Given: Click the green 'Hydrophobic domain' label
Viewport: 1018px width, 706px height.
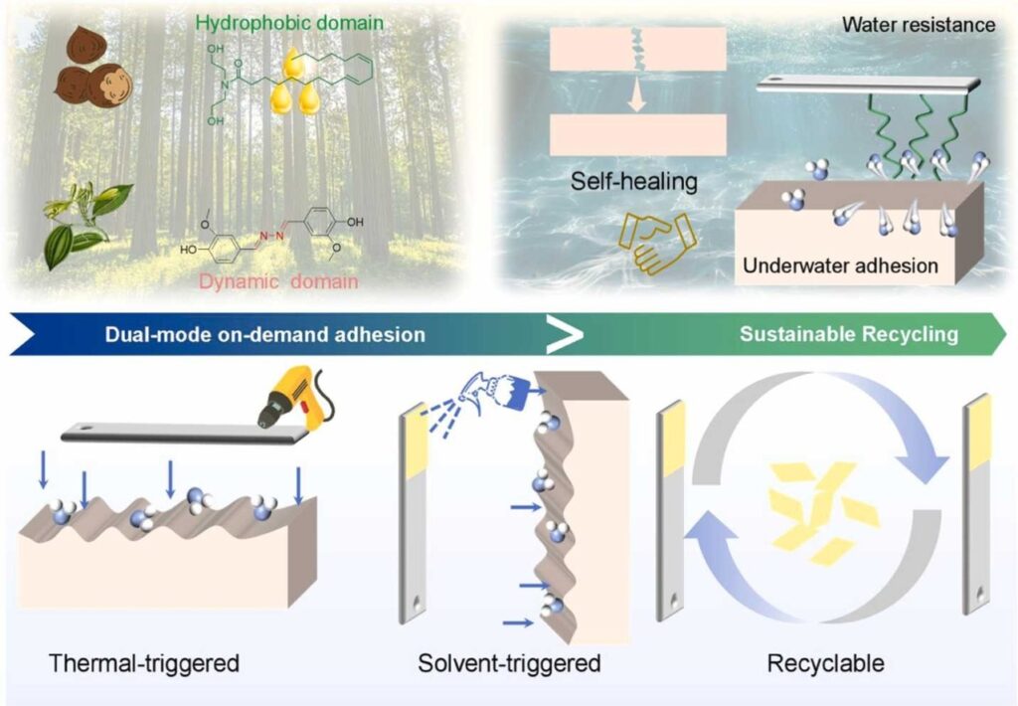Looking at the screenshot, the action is pyautogui.click(x=289, y=24).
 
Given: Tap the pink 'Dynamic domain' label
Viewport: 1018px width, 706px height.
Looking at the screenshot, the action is pyautogui.click(x=278, y=281).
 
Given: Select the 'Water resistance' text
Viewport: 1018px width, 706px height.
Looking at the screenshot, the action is pyautogui.click(x=919, y=25).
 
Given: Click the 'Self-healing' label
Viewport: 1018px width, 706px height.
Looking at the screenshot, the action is pyautogui.click(x=634, y=181).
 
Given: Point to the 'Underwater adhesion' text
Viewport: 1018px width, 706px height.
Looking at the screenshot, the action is pyautogui.click(x=840, y=265).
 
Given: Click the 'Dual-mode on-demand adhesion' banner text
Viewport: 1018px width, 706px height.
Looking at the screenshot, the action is pyautogui.click(x=264, y=334).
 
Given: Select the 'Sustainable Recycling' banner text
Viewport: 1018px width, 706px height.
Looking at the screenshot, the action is pyautogui.click(x=849, y=334).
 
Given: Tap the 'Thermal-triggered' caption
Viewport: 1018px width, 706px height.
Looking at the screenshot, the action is pyautogui.click(x=144, y=663).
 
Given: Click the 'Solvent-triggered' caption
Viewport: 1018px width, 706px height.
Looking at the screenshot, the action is pyautogui.click(x=509, y=663).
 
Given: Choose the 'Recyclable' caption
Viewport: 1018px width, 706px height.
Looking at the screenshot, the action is pyautogui.click(x=826, y=663).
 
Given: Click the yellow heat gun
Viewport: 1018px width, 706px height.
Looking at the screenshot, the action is pyautogui.click(x=295, y=397).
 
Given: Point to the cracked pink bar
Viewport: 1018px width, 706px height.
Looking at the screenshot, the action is pyautogui.click(x=637, y=49).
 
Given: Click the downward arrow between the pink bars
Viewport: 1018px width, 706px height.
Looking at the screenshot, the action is pyautogui.click(x=637, y=94).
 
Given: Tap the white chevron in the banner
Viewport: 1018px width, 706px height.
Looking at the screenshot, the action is pyautogui.click(x=565, y=334).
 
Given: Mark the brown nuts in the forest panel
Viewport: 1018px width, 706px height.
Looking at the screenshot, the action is pyautogui.click(x=92, y=67).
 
